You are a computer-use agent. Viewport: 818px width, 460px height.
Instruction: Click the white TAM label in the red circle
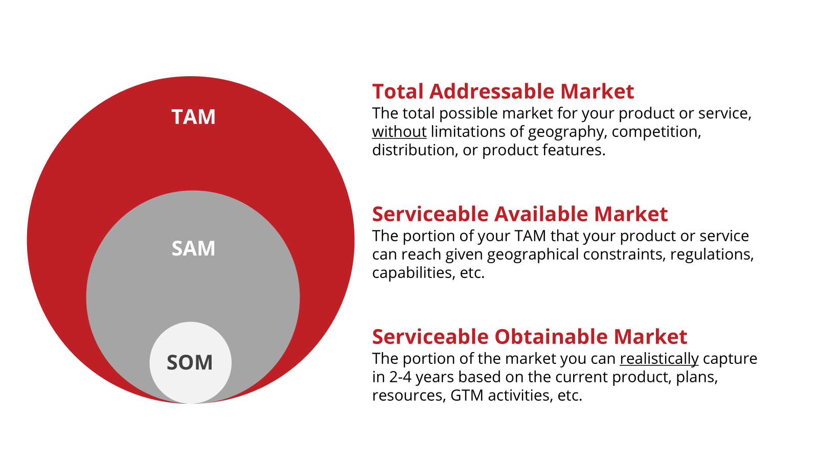coord(194,117)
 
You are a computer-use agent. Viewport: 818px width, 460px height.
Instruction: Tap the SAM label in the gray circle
coord(194,248)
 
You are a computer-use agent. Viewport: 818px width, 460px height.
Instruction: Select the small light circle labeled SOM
coord(190,362)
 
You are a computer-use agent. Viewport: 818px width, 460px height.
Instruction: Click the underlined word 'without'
coord(399,132)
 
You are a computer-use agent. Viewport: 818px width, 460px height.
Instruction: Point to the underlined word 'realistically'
coord(659,359)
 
